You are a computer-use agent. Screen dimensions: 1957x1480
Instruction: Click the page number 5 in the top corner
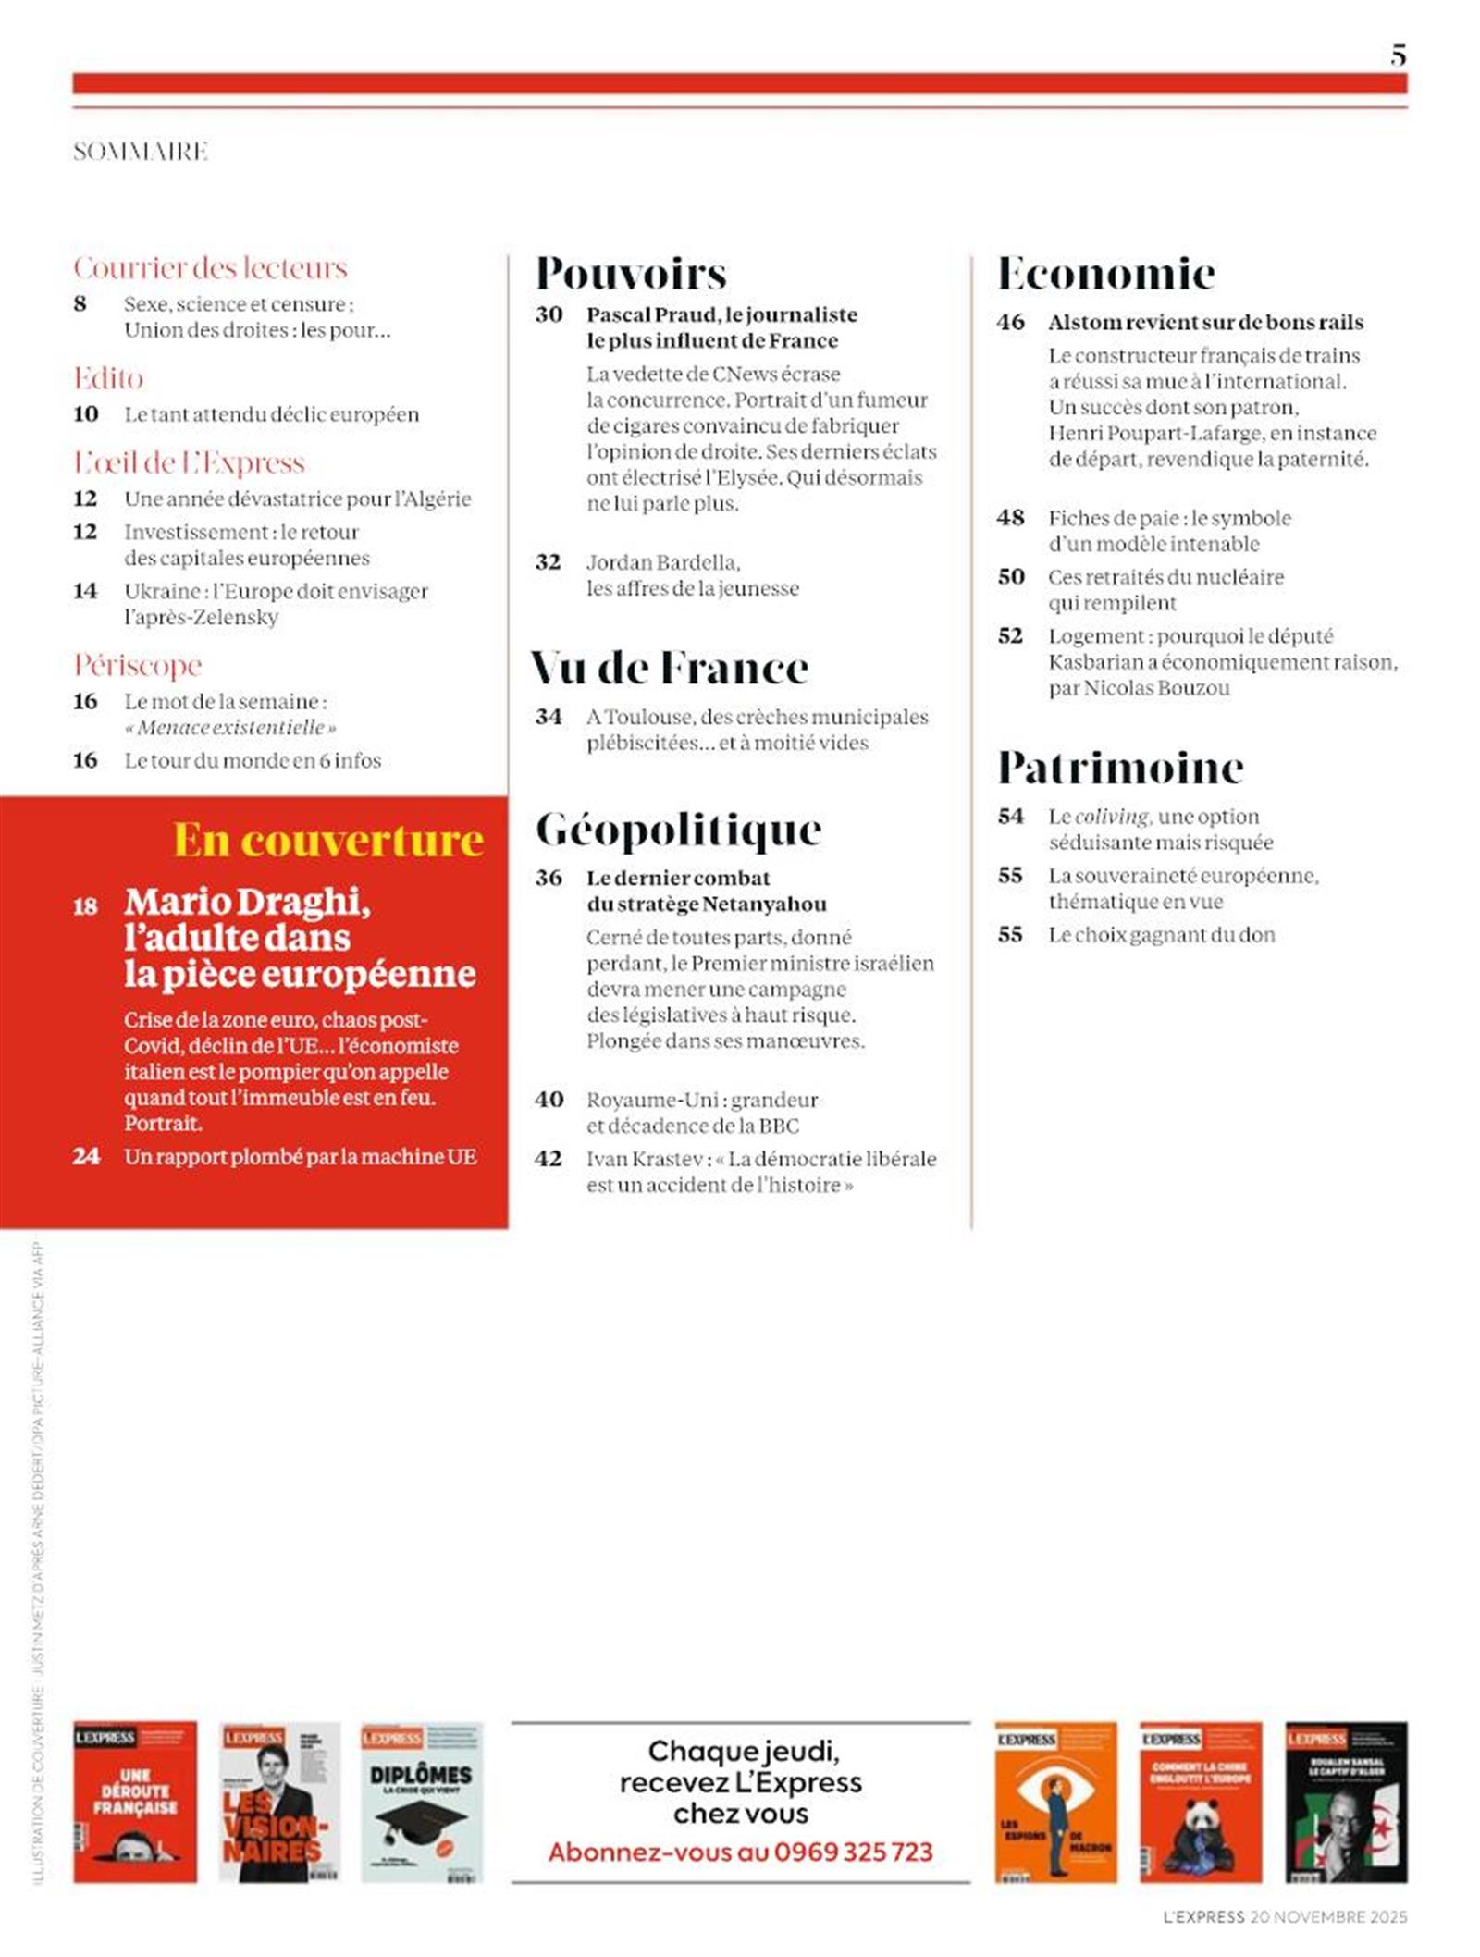point(1398,55)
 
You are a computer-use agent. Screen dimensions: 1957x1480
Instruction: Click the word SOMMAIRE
point(141,152)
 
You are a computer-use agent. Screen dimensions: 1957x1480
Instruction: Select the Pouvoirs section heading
point(631,274)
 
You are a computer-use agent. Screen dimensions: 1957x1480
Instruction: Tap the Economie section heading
point(1106,274)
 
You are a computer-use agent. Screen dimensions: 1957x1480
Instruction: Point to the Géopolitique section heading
point(678,830)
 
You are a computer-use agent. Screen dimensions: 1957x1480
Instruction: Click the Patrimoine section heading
point(1120,768)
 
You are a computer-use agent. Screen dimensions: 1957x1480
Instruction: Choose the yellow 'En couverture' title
point(328,840)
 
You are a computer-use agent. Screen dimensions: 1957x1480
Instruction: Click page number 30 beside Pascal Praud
point(549,314)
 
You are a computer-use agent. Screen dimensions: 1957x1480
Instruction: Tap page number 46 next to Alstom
point(1010,322)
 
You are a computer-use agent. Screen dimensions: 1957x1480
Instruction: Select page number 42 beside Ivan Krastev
point(549,1159)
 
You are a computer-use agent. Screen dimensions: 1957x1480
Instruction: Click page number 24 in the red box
point(86,1156)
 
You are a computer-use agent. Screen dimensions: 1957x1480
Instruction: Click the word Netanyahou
point(764,904)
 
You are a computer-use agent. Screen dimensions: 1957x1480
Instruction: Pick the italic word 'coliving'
point(1112,817)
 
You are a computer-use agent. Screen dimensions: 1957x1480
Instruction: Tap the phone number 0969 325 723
point(853,1852)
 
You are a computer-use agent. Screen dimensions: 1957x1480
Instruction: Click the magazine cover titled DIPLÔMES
point(421,1802)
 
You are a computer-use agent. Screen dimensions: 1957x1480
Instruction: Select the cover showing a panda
point(1200,1802)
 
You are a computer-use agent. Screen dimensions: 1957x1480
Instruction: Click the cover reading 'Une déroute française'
point(135,1802)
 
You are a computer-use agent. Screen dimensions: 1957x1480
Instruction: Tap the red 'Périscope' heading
point(138,665)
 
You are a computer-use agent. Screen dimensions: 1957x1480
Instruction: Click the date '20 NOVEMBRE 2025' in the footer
point(1327,1917)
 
